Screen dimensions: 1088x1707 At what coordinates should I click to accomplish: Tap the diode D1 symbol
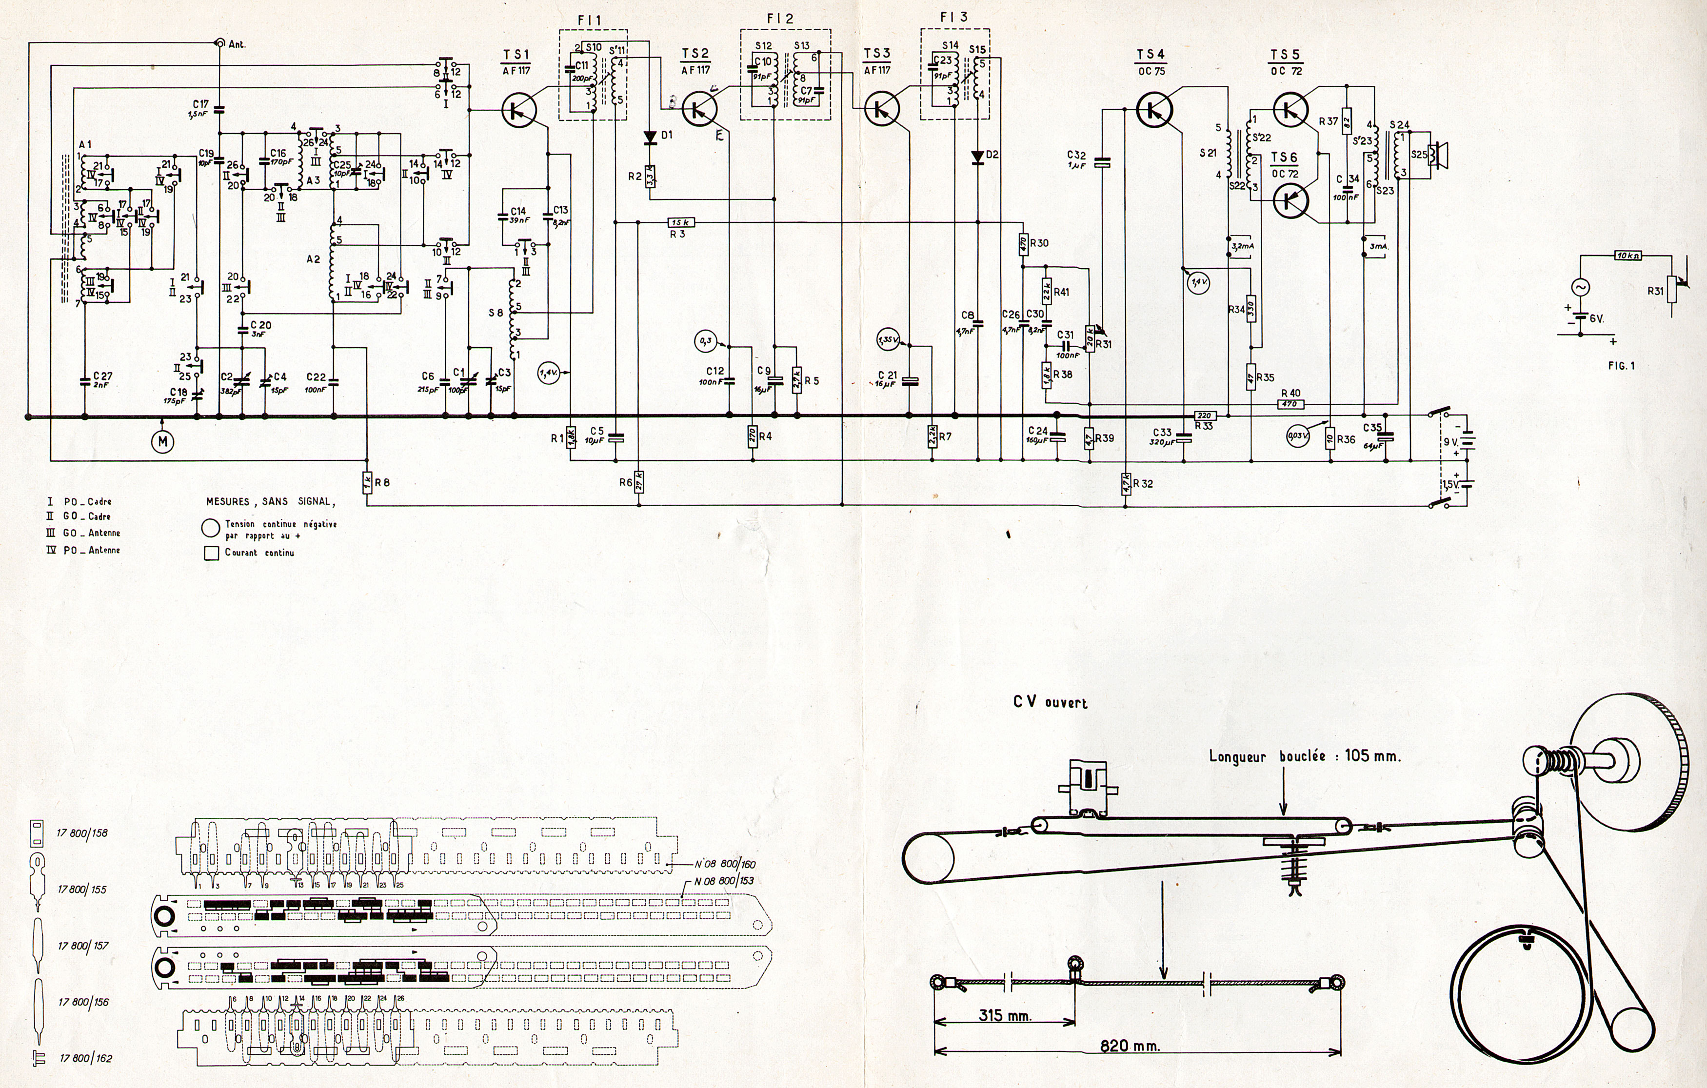click(649, 137)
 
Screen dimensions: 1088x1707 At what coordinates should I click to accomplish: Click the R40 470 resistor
click(1290, 404)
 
